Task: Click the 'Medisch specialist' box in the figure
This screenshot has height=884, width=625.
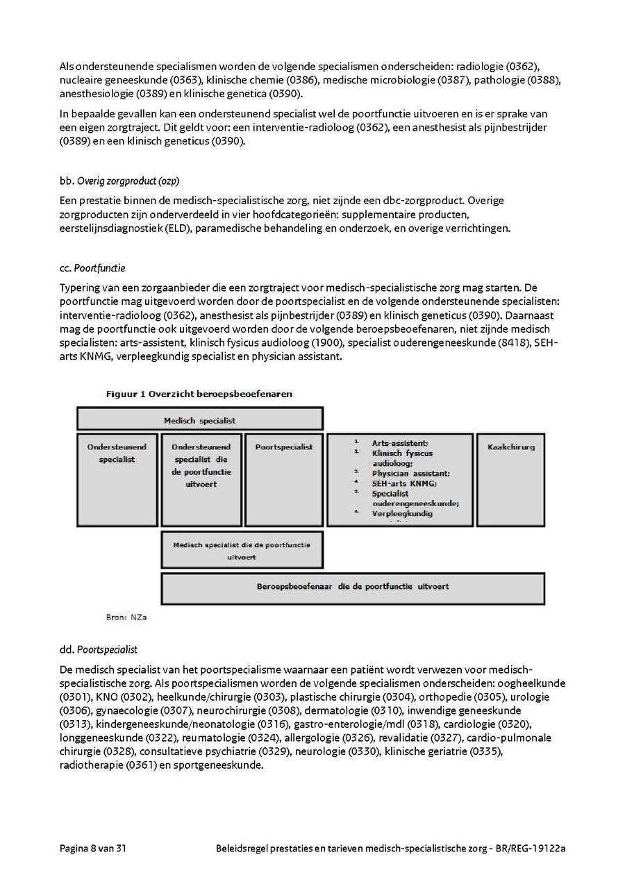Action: point(199,419)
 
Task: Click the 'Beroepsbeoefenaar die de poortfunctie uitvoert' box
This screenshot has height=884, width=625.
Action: point(353,587)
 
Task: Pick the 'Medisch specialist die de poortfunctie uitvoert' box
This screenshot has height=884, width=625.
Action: point(242,551)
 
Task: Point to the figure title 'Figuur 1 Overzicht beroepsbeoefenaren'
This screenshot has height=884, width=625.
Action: point(199,394)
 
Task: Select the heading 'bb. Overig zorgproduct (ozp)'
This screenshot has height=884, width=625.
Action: point(119,181)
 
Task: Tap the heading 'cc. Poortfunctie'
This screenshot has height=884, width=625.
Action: point(92,268)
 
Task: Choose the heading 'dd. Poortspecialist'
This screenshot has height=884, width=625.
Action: point(99,650)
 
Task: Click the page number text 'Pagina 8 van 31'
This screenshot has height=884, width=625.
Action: point(92,849)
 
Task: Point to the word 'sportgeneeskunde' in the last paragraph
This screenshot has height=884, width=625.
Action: point(220,766)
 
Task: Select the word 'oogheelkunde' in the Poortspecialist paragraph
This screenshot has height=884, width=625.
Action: point(535,683)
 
